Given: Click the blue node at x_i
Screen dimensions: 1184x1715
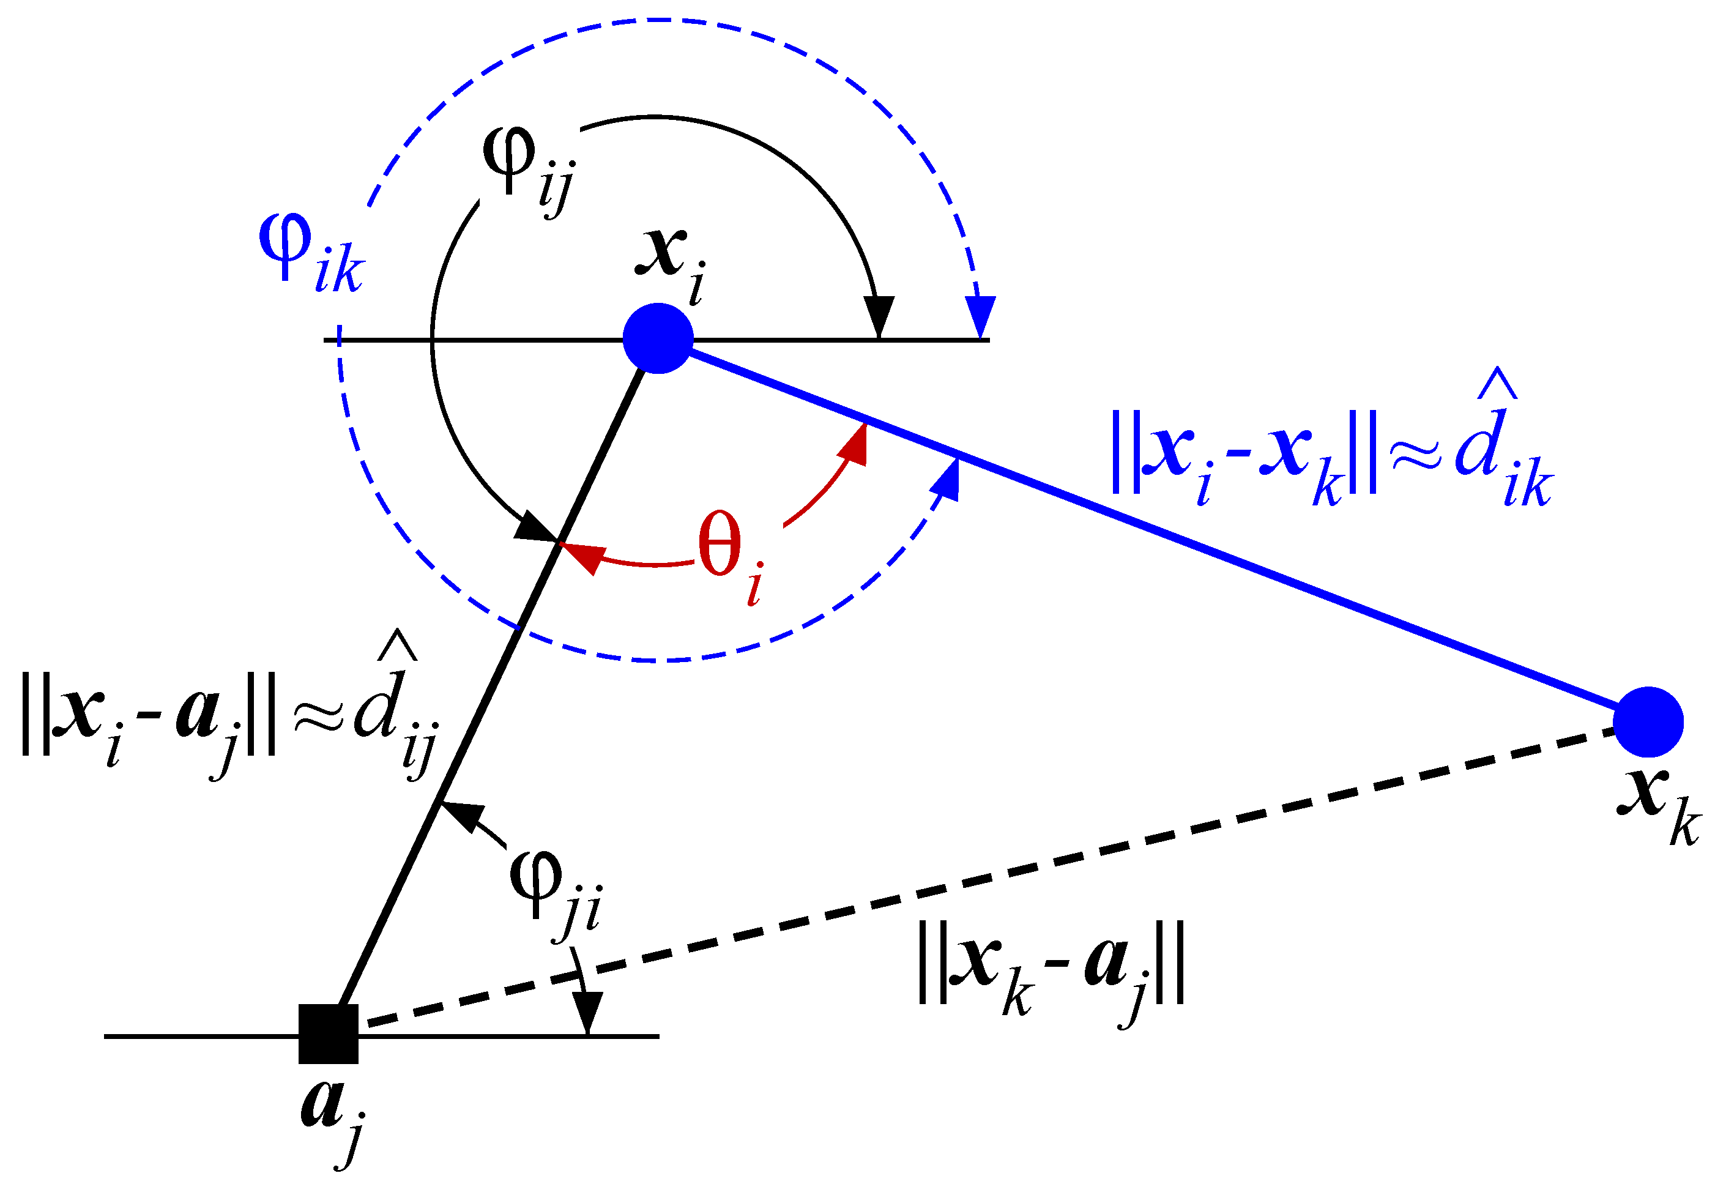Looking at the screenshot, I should (x=658, y=338).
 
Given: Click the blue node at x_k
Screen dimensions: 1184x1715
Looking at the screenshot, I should (x=1648, y=722).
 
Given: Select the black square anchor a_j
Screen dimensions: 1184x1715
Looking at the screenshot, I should (x=328, y=1033).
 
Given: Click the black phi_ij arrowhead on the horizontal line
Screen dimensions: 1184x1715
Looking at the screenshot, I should (x=880, y=316).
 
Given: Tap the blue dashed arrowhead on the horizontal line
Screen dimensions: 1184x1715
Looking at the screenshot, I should (x=981, y=316).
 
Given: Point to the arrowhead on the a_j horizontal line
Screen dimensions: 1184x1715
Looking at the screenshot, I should (x=587, y=1012).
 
